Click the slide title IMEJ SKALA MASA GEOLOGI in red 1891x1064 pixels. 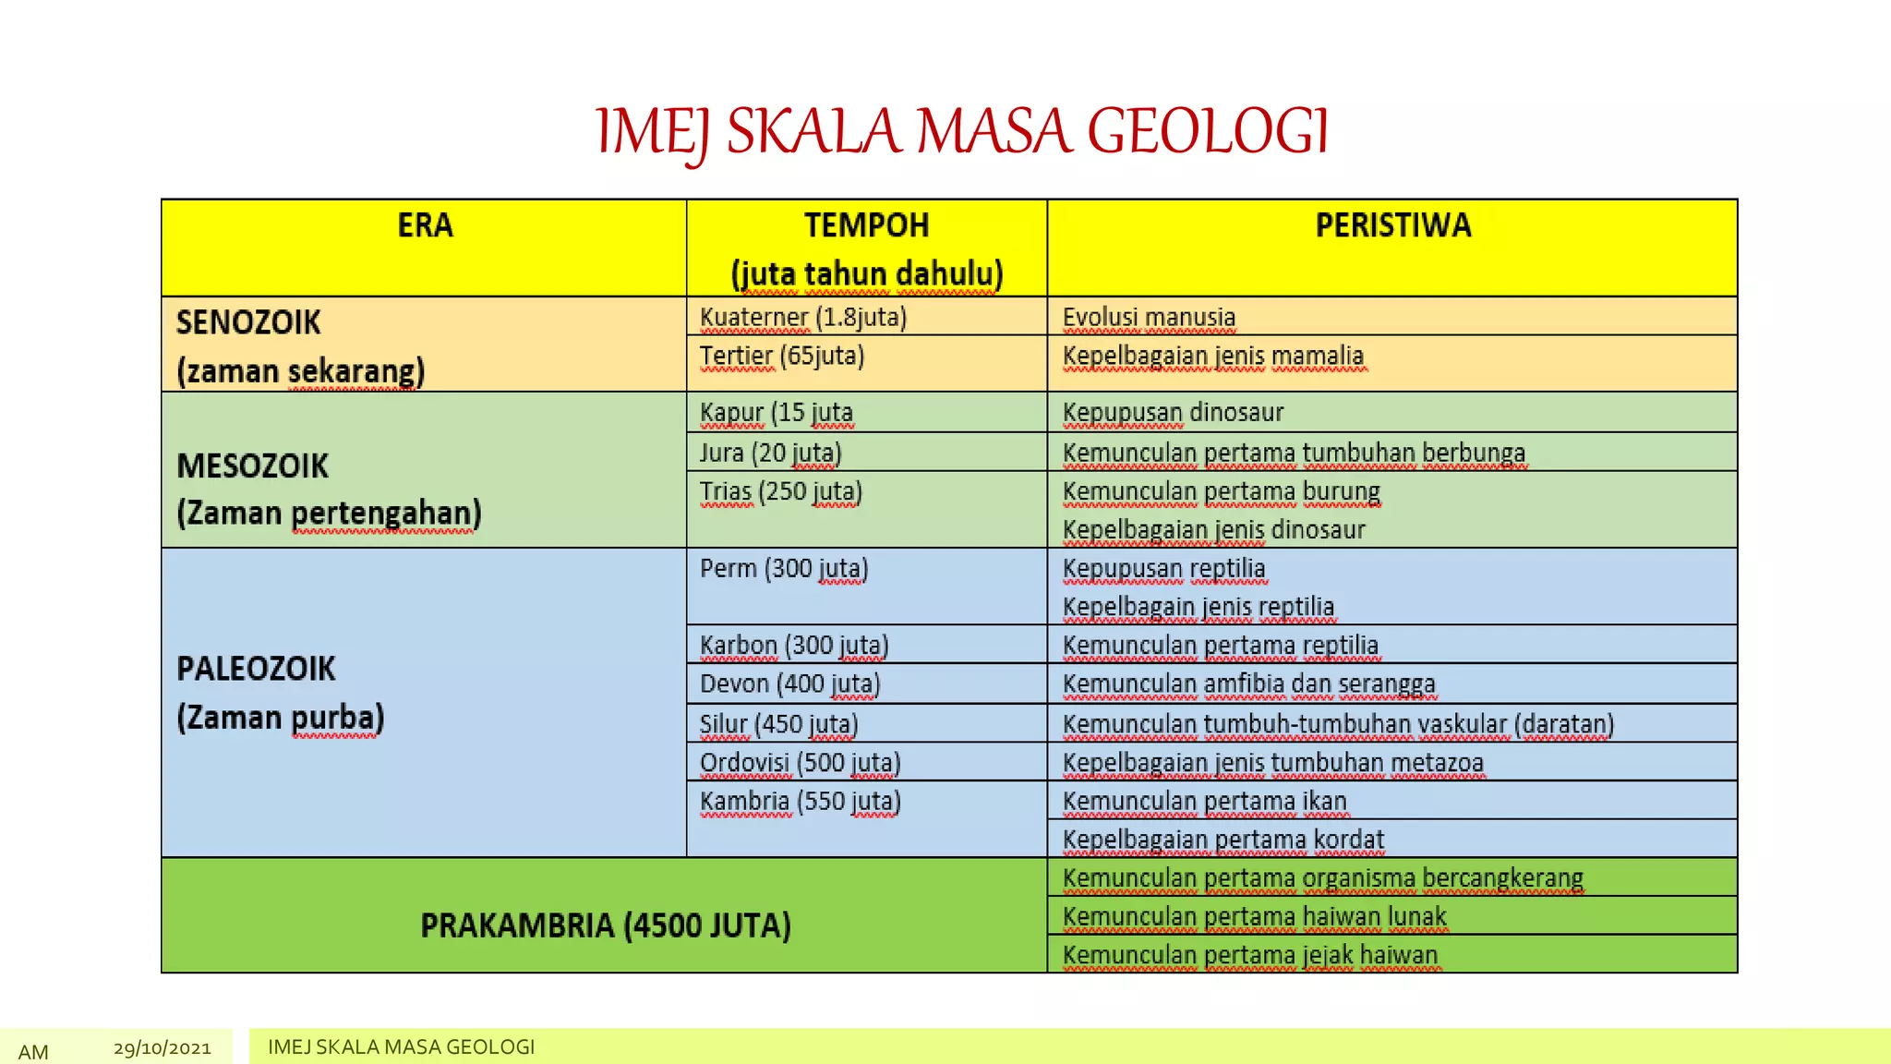pyautogui.click(x=962, y=131)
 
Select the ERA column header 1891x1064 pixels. pyautogui.click(x=425, y=226)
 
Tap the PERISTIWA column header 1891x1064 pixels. pyautogui.click(x=1392, y=226)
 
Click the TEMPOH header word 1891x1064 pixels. pyautogui.click(x=866, y=226)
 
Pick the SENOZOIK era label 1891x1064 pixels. pyautogui.click(x=248, y=323)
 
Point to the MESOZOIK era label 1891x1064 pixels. pyautogui.click(x=252, y=466)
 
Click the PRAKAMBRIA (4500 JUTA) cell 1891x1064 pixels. pyautogui.click(x=605, y=925)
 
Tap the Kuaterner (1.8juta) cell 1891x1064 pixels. pyautogui.click(x=802, y=318)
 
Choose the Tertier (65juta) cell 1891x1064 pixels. pyautogui.click(x=781, y=357)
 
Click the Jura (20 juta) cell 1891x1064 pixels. pyautogui.click(x=770, y=453)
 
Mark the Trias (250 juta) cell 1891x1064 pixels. pyautogui.click(x=780, y=492)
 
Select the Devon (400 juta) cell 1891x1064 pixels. pyautogui.click(x=789, y=684)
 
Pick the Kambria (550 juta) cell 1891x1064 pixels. pyautogui.click(x=800, y=802)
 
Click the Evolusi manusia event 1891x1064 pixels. pyautogui.click(x=1149, y=318)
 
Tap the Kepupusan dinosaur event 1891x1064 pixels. pyautogui.click(x=1173, y=413)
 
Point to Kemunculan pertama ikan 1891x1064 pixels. pyautogui.click(x=1204, y=802)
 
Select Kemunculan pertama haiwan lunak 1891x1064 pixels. pyautogui.click(x=1254, y=917)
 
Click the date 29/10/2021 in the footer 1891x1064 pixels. pyautogui.click(x=163, y=1048)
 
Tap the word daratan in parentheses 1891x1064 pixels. pyautogui.click(x=1564, y=725)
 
